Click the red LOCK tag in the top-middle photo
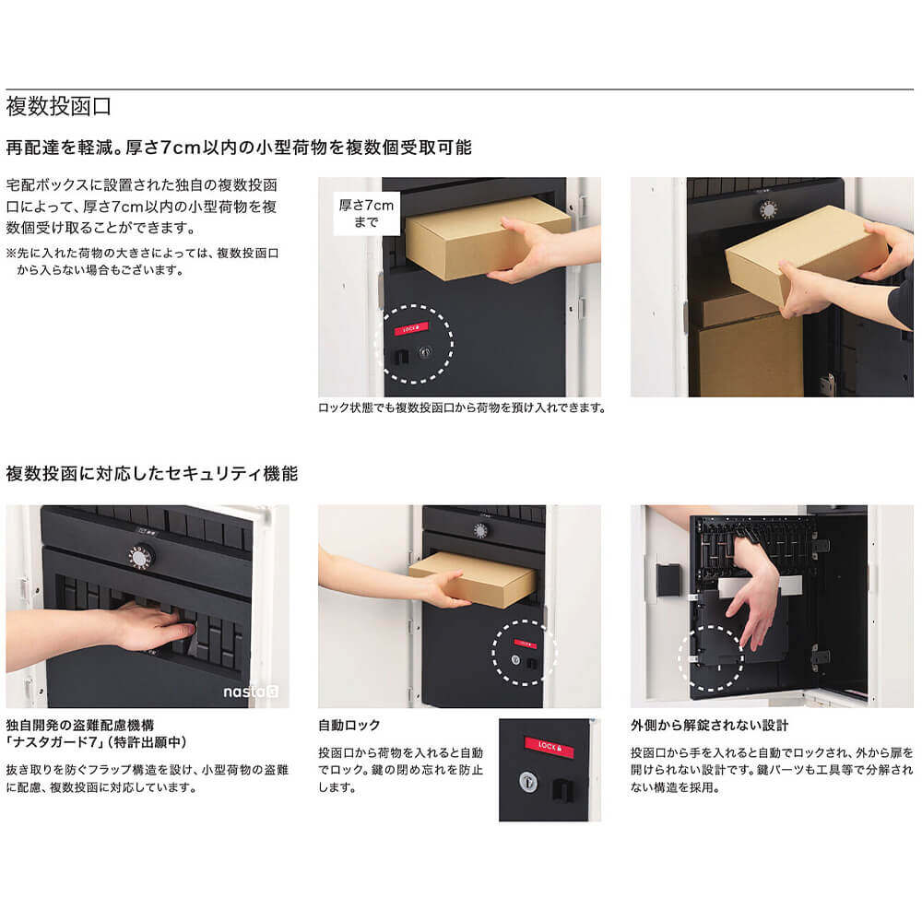(x=412, y=326)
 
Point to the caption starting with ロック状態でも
(x=461, y=408)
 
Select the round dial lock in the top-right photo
(x=767, y=210)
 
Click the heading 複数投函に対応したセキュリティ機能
(x=152, y=474)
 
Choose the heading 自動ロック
(x=349, y=726)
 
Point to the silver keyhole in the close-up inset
(x=528, y=780)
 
